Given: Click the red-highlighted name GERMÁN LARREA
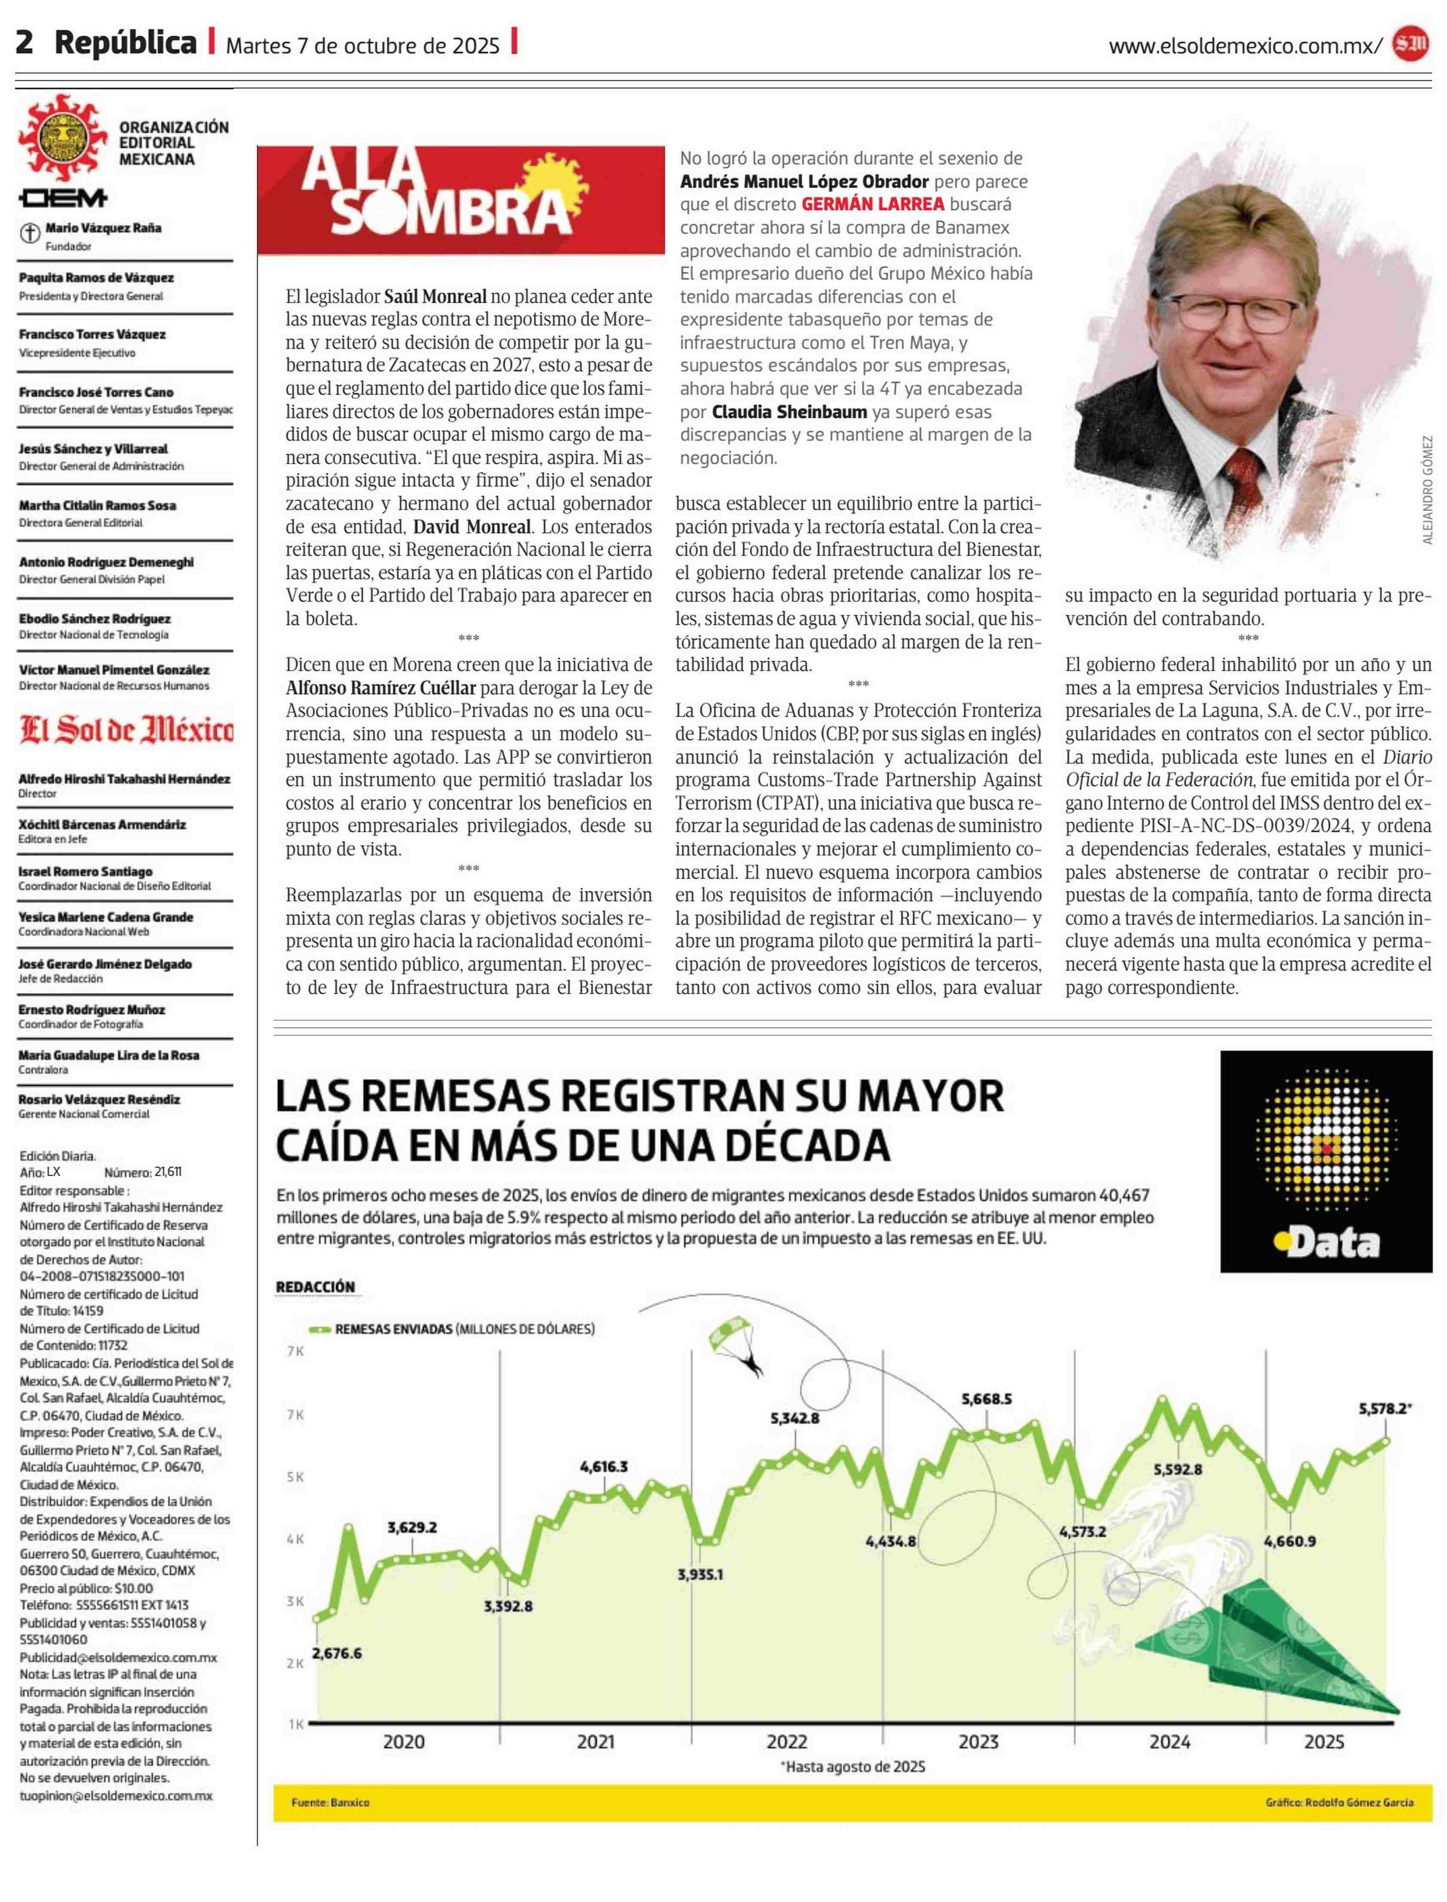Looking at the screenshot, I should (x=873, y=204).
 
